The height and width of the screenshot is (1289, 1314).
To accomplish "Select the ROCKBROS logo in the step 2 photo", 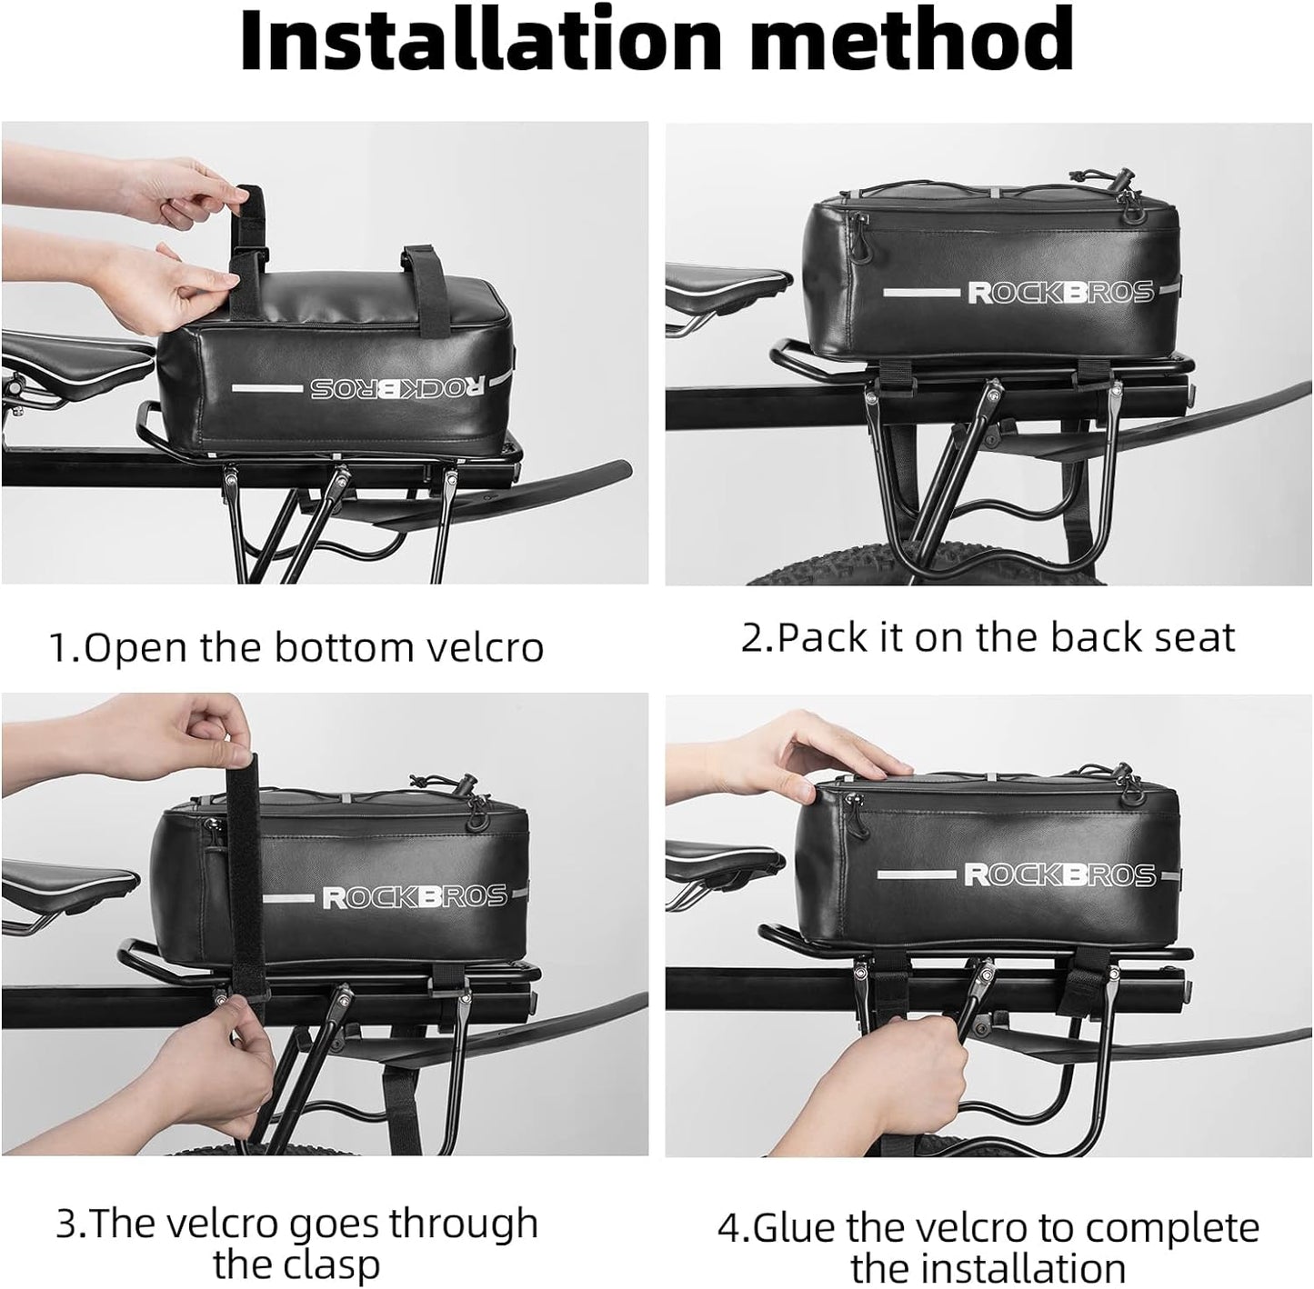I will (x=1059, y=293).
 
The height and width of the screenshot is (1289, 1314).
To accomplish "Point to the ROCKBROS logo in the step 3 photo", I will (x=415, y=897).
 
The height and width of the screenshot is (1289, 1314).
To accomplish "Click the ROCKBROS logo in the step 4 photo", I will (x=1059, y=874).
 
